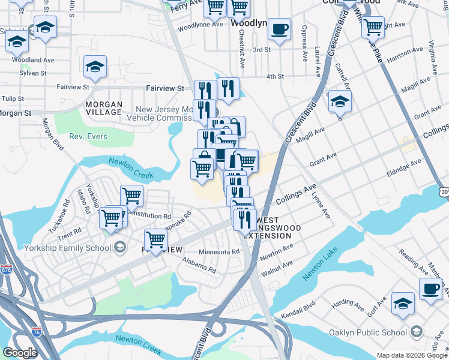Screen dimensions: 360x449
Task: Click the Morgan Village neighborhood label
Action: click(104, 109)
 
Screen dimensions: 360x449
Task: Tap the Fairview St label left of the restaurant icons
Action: click(164, 88)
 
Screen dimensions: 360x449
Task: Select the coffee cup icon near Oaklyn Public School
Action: click(430, 289)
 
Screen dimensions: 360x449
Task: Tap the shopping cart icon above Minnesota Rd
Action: click(155, 241)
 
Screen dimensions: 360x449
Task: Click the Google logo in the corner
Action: click(20, 353)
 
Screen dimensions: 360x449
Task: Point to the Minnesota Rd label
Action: click(219, 252)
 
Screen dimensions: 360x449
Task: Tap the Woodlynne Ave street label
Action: click(200, 26)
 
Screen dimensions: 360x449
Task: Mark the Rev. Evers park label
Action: click(88, 137)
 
